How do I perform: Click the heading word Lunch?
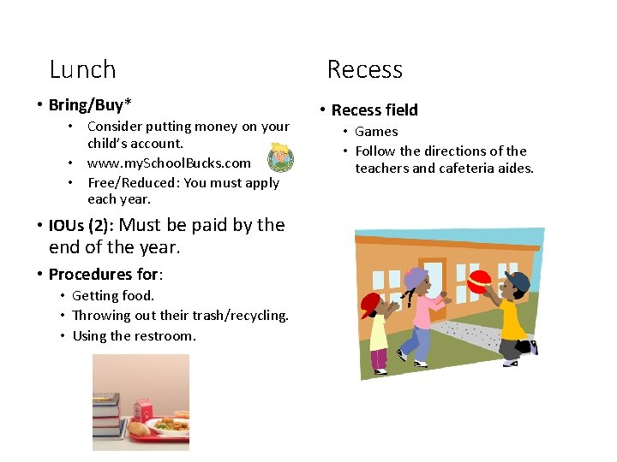coord(82,69)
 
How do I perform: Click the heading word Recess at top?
coord(364,69)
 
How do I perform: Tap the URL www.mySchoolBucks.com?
coord(169,163)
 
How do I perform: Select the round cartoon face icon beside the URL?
coord(280,158)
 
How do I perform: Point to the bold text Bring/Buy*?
coord(90,105)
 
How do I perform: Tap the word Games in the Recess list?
coord(376,132)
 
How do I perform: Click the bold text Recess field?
coord(374,110)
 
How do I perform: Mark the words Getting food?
coord(113,296)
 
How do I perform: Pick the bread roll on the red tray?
coord(138,429)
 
